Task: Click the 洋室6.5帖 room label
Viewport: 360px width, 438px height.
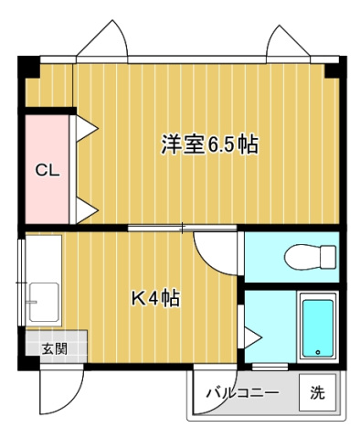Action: pyautogui.click(x=209, y=144)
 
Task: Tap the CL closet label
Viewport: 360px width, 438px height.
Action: pyautogui.click(x=48, y=169)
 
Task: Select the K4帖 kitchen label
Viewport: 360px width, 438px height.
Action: pyautogui.click(x=154, y=298)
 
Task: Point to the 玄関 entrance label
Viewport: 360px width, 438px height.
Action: pyautogui.click(x=54, y=347)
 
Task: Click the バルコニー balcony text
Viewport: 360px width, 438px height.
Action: pyautogui.click(x=241, y=393)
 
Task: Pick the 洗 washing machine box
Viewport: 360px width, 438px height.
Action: pyautogui.click(x=317, y=393)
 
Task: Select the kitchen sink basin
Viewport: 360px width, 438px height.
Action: pyautogui.click(x=42, y=298)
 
